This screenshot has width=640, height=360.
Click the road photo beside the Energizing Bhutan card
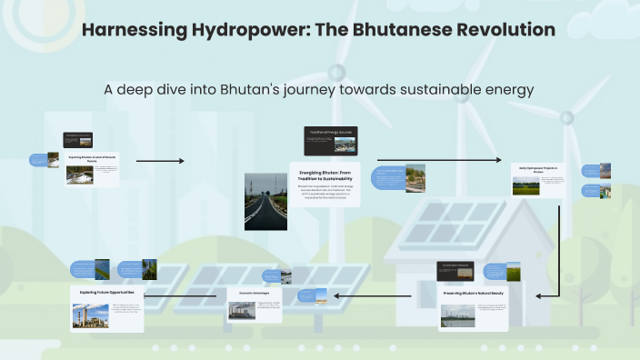pyautogui.click(x=264, y=201)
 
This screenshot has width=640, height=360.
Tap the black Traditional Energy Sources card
pyautogui.click(x=331, y=141)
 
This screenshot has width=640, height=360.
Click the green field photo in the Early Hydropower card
pyautogui.click(x=525, y=185)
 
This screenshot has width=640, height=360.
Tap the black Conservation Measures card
pyautogui.click(x=455, y=270)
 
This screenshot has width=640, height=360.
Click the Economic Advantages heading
pyautogui.click(x=254, y=295)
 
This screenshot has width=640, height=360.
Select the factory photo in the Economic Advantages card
pyautogui.click(x=241, y=311)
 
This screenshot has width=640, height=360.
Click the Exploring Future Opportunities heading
pyautogui.click(x=106, y=292)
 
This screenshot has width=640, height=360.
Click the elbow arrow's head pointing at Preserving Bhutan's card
pyautogui.click(x=540, y=295)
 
